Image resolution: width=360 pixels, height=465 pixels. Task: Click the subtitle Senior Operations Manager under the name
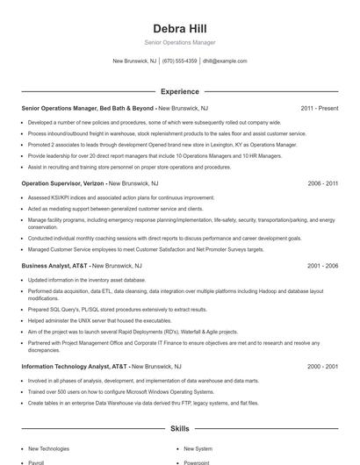click(179, 42)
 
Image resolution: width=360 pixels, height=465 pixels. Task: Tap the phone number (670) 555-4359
click(180, 61)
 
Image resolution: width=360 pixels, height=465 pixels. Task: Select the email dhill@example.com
click(225, 61)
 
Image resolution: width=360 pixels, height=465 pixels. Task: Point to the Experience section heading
click(179, 90)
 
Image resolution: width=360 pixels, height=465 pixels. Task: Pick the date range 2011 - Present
click(319, 108)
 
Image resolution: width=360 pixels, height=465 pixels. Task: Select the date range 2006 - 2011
click(322, 184)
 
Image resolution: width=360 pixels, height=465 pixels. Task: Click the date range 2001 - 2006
click(322, 265)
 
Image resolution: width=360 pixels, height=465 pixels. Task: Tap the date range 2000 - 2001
click(322, 366)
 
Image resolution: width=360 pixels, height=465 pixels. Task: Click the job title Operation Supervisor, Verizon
click(62, 184)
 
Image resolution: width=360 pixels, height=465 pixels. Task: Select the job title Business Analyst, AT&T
click(54, 265)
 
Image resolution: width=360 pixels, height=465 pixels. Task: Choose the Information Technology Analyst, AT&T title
click(75, 366)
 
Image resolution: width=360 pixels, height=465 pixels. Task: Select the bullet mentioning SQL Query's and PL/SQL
click(118, 309)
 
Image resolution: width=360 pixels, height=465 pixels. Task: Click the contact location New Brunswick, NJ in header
click(134, 61)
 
